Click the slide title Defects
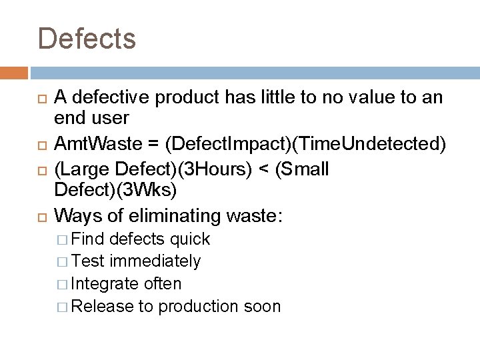87,38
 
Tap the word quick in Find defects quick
190,239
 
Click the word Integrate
105,283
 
